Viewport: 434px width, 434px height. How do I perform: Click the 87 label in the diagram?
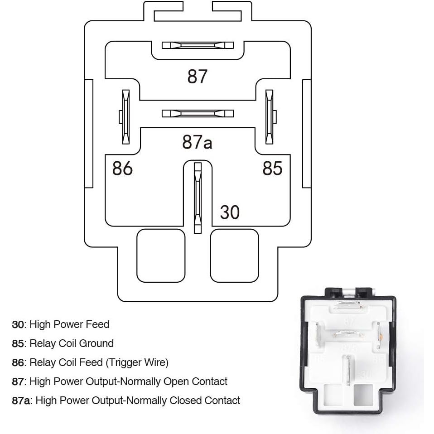pyautogui.click(x=197, y=77)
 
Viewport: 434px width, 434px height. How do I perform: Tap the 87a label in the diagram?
pyautogui.click(x=197, y=142)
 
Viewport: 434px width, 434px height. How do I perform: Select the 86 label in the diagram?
pyautogui.click(x=122, y=168)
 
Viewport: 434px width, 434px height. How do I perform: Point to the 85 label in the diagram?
pyautogui.click(x=272, y=168)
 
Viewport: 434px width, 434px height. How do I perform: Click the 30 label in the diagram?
pyautogui.click(x=230, y=212)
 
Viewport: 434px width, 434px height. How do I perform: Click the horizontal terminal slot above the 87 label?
pyautogui.click(x=198, y=45)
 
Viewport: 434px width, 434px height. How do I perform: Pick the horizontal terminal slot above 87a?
pyautogui.click(x=198, y=113)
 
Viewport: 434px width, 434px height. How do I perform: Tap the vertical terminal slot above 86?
pyautogui.click(x=125, y=117)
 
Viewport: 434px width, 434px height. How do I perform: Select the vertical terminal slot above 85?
pyautogui.click(x=270, y=117)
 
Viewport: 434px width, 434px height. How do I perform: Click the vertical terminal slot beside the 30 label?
pyautogui.click(x=197, y=198)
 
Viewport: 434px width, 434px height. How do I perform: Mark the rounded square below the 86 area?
pyautogui.click(x=161, y=256)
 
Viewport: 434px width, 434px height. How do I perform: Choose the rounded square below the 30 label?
pyautogui.click(x=234, y=256)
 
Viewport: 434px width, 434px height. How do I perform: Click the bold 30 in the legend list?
pyautogui.click(x=18, y=324)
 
